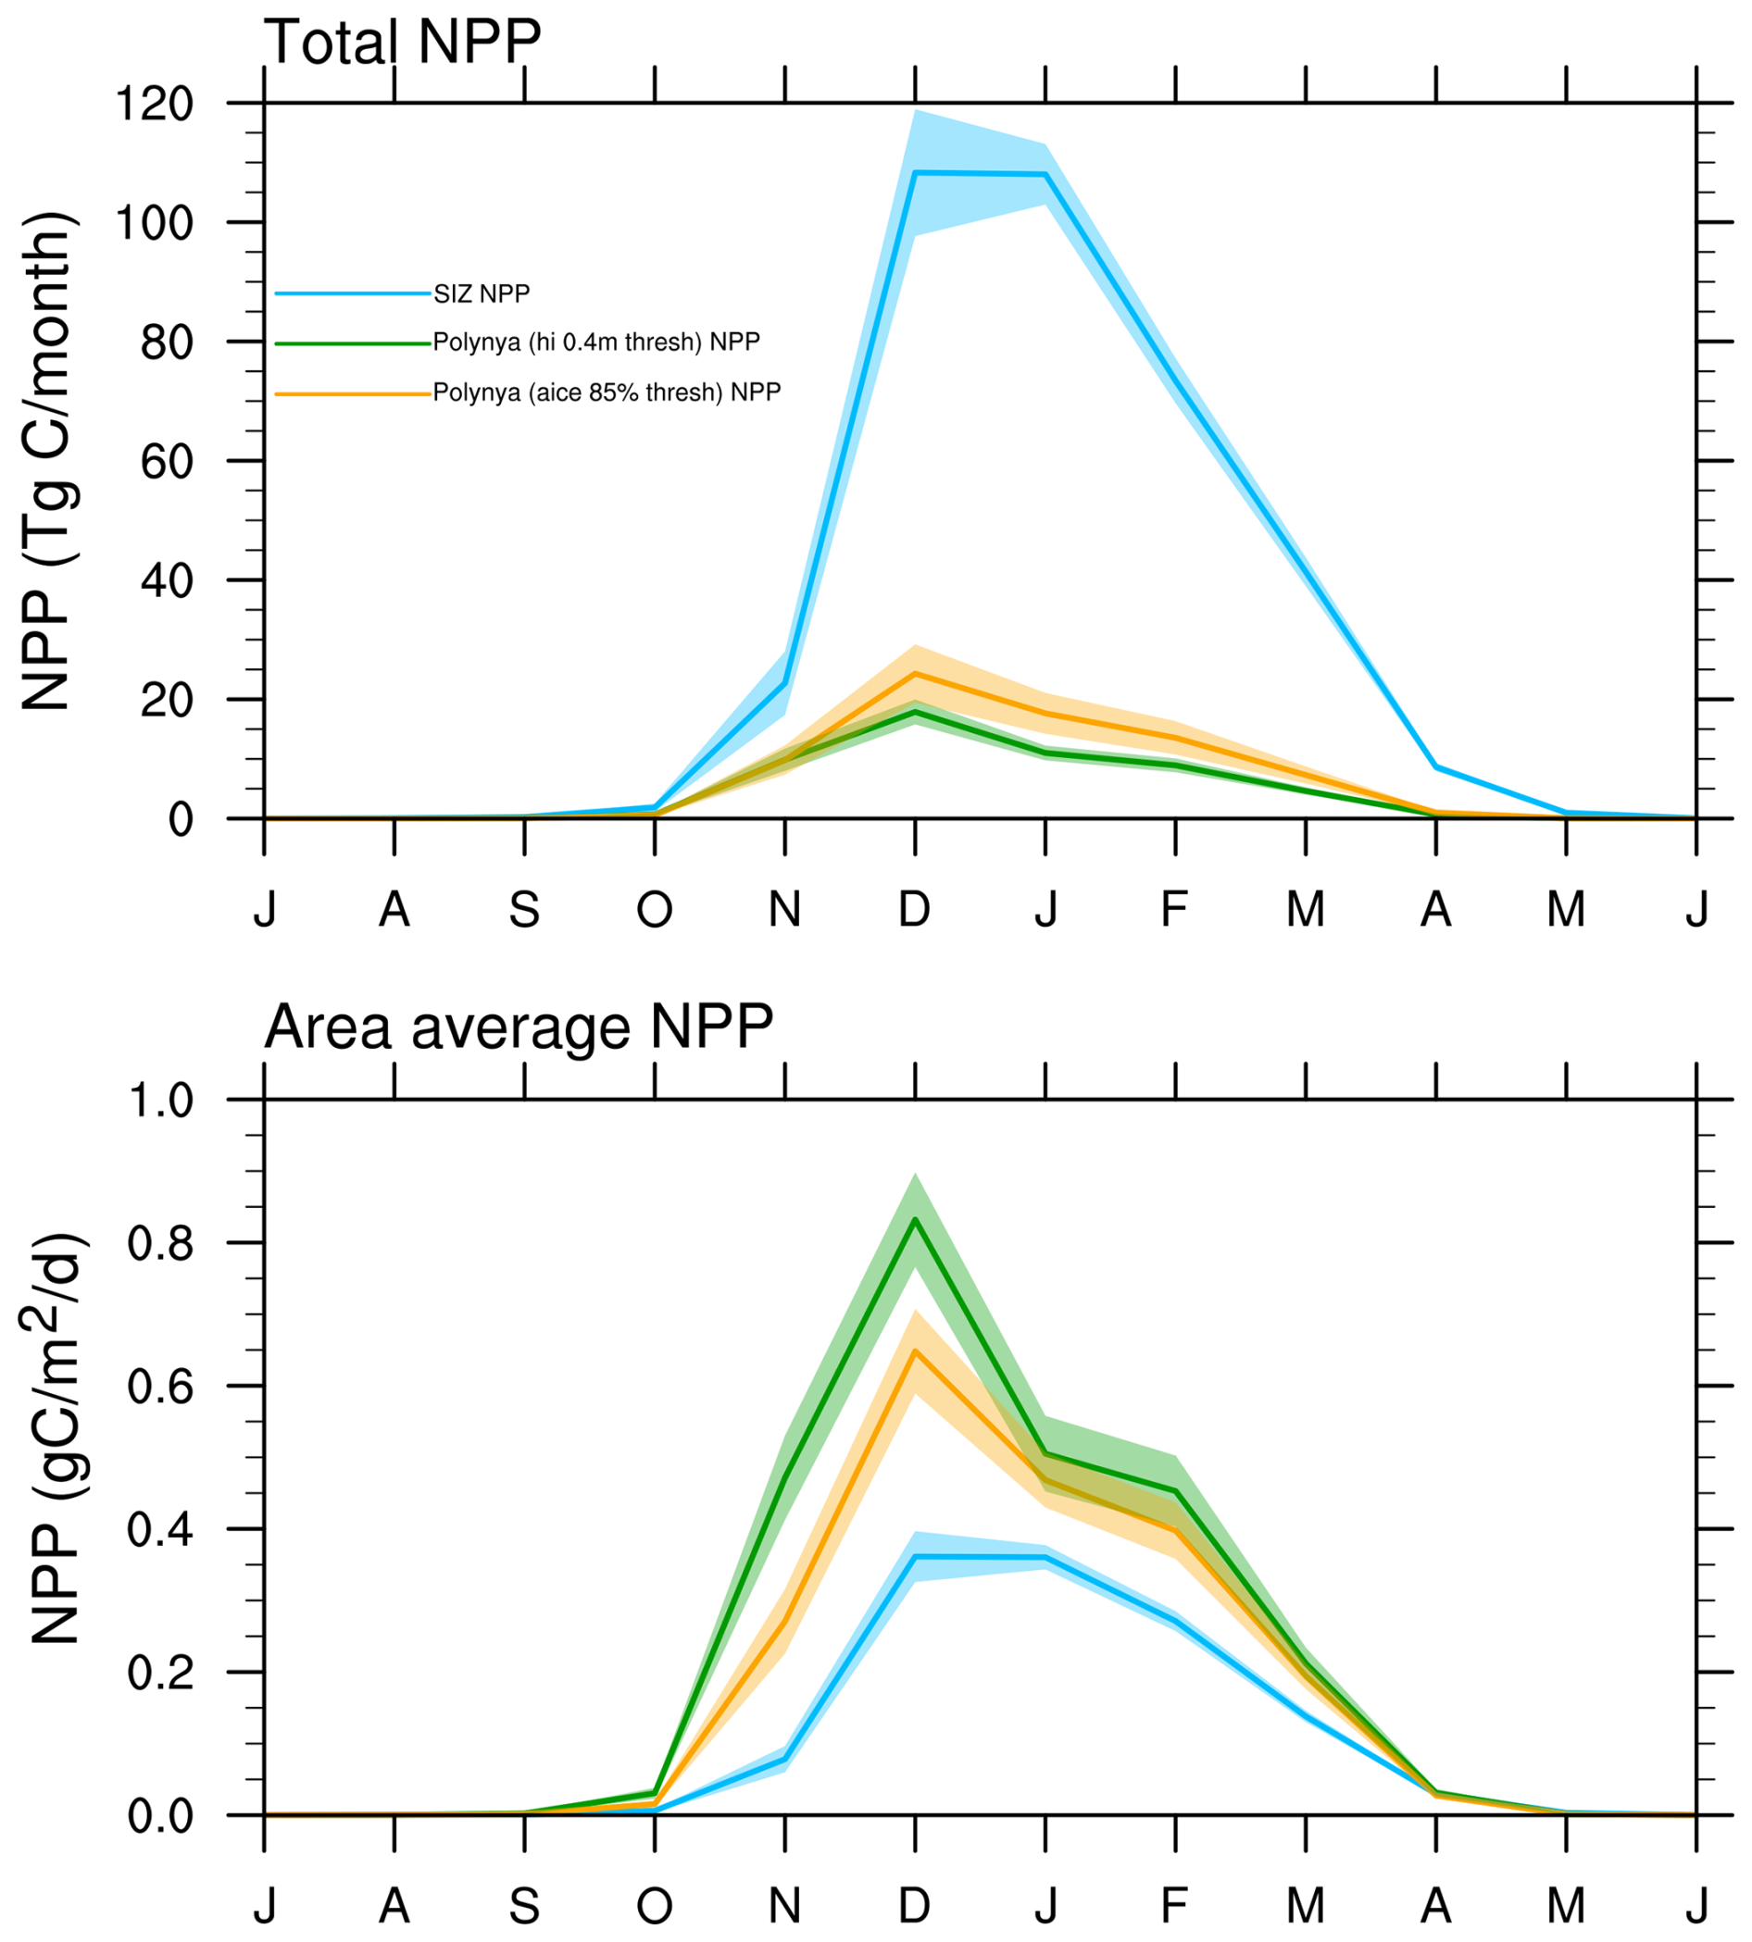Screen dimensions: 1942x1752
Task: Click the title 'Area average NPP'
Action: [x=518, y=1027]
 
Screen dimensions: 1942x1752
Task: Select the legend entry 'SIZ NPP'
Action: [x=482, y=293]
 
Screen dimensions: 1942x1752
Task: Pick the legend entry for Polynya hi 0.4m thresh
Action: [x=595, y=342]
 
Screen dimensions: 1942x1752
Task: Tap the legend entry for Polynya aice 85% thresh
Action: [x=607, y=392]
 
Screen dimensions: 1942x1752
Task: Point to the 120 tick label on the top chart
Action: [x=154, y=103]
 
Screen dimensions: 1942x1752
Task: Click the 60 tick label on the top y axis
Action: [x=167, y=461]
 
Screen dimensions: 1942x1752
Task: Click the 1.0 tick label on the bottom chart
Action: [x=161, y=1101]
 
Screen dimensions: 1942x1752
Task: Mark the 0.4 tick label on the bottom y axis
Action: [x=161, y=1529]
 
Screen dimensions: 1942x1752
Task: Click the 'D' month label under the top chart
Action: [x=915, y=908]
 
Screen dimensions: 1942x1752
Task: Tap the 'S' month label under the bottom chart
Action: [x=524, y=1904]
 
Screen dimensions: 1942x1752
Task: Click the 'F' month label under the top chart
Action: [x=1174, y=908]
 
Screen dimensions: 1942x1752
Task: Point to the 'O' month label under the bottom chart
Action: [x=655, y=1904]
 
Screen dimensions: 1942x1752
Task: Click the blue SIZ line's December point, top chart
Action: [x=916, y=173]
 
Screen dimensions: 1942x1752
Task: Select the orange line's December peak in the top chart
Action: [x=916, y=674]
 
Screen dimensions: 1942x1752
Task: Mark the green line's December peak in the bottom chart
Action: [x=916, y=1219]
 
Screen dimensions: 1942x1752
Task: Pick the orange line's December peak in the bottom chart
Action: [x=916, y=1351]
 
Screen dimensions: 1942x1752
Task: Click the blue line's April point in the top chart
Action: [x=1436, y=767]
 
